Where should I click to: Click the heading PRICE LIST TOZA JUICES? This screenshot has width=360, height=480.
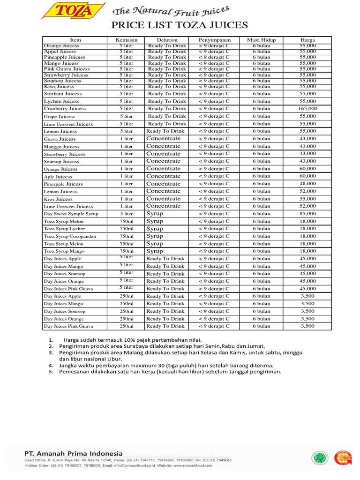click(180, 25)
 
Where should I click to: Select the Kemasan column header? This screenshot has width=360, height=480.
click(126, 40)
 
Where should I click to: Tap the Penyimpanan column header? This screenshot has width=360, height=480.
click(214, 40)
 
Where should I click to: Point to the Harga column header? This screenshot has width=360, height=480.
click(308, 40)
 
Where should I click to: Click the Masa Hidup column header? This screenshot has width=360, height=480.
click(261, 40)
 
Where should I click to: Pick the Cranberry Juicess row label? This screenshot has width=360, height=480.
click(65, 109)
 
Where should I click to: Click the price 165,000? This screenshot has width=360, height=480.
click(308, 109)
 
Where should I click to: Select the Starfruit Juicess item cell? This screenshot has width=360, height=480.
click(63, 94)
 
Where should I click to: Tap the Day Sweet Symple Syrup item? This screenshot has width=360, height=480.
click(71, 214)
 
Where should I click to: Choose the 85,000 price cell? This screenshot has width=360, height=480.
click(308, 214)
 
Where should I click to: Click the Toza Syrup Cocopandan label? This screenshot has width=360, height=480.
click(70, 236)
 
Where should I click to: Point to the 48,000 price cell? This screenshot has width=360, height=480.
click(308, 184)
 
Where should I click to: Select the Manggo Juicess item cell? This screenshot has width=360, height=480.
click(61, 147)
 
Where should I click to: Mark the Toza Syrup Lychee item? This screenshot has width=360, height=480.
click(64, 229)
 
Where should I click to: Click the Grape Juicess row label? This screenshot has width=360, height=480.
click(59, 116)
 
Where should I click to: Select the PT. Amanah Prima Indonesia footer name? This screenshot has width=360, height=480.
click(73, 453)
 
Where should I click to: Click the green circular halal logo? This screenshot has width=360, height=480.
click(320, 458)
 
